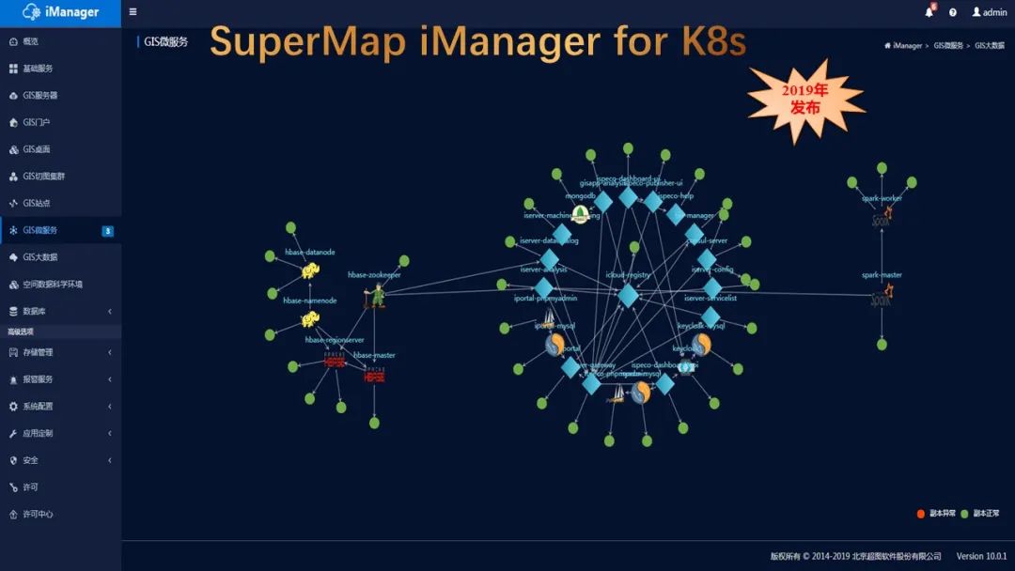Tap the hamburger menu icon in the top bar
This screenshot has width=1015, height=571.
(133, 12)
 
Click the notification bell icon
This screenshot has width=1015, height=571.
(929, 12)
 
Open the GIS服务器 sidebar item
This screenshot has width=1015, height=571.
(39, 96)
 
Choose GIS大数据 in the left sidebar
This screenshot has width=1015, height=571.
(39, 257)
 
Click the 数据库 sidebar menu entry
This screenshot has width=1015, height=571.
(34, 311)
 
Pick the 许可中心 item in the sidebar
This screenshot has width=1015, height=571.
(38, 515)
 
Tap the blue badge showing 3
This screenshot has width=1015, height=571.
(107, 231)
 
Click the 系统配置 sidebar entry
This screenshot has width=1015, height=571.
(38, 407)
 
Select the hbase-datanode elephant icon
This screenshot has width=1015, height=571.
(310, 271)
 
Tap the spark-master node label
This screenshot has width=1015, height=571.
(882, 275)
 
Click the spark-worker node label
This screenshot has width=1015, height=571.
(882, 198)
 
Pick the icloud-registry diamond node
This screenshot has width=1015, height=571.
(628, 295)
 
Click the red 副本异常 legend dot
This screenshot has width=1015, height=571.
(921, 514)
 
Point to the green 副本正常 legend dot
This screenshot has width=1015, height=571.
(964, 514)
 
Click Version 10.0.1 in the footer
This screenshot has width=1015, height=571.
(981, 557)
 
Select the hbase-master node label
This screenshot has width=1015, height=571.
(374, 355)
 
